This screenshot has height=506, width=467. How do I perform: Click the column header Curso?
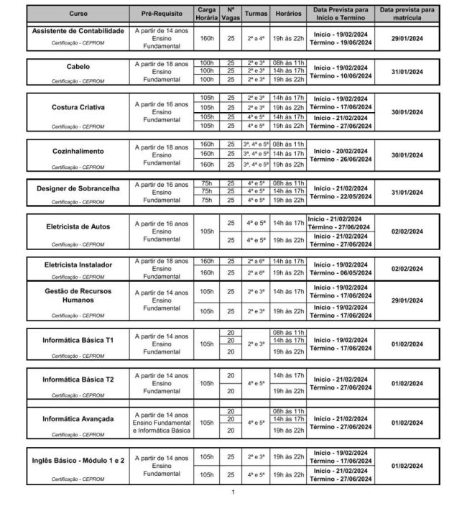tap(78, 14)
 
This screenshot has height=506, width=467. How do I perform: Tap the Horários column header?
tap(287, 14)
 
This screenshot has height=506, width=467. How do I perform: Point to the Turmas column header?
tap(256, 14)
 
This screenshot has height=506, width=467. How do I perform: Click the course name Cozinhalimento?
tap(78, 152)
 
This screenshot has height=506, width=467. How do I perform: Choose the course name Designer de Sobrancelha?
tap(78, 188)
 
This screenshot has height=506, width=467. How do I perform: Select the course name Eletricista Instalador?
tap(78, 264)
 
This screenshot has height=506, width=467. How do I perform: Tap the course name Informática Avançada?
tap(78, 419)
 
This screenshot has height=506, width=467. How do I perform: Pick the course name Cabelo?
tap(78, 67)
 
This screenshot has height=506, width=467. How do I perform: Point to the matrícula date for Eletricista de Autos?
tap(407, 231)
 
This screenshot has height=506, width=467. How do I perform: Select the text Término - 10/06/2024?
tap(341, 75)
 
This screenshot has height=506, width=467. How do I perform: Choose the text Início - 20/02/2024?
tap(341, 150)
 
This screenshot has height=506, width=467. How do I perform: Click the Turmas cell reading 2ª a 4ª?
tap(256, 37)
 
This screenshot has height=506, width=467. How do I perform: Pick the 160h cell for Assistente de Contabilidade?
tap(207, 37)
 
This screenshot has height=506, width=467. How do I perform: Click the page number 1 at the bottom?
tap(233, 492)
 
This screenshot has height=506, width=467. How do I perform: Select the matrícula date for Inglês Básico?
tap(407, 466)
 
